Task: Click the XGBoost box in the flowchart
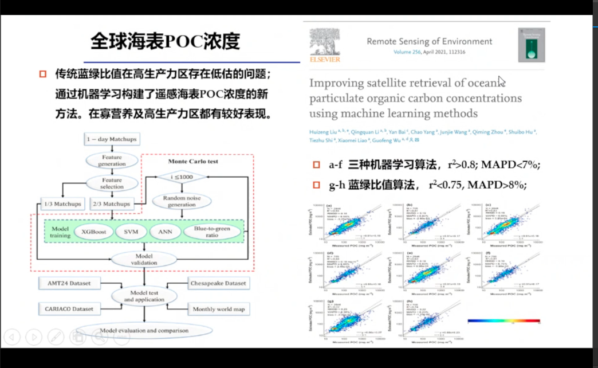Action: [92, 232]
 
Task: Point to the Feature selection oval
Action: [112, 183]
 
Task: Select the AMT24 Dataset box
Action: [68, 283]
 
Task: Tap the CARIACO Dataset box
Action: [68, 309]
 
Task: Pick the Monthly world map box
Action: [218, 309]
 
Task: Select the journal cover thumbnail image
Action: [532, 45]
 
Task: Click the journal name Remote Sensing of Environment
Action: [429, 41]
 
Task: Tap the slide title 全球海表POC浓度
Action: [165, 42]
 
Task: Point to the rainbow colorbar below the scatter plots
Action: [503, 322]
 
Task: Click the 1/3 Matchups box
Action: [62, 204]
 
